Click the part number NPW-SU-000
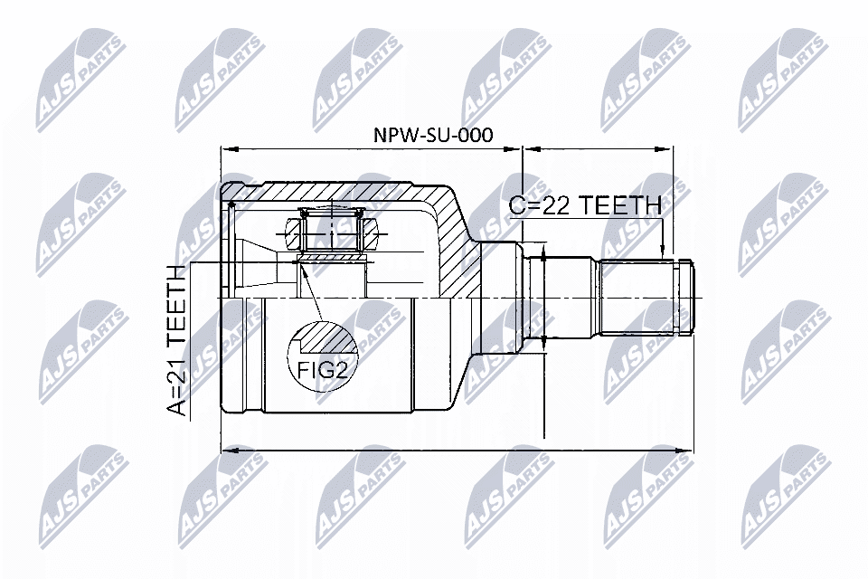433,135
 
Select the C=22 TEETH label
585,205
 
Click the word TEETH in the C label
619,205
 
